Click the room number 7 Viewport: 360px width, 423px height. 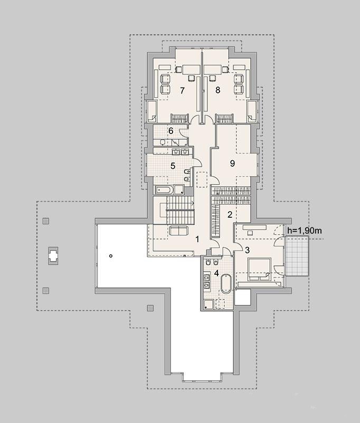pos(182,90)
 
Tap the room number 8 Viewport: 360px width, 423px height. pos(217,90)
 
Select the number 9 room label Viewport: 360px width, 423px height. pos(232,163)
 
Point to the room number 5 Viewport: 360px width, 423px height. pos(173,166)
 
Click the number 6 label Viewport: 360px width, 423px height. pos(170,131)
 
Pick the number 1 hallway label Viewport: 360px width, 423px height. pos(197,239)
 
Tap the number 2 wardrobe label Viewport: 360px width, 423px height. pos(230,215)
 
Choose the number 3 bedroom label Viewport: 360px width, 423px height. pos(247,250)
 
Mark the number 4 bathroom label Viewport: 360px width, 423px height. pos(216,273)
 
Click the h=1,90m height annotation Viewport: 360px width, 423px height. pos(305,230)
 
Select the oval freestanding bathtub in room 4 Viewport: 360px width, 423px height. pos(226,284)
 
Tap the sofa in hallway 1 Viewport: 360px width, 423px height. pos(178,231)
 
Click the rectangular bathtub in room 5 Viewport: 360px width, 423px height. pos(164,190)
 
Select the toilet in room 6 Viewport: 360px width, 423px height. pos(163,142)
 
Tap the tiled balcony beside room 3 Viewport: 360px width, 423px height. pos(297,256)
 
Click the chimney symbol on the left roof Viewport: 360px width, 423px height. pos(53,255)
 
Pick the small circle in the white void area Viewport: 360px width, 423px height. pos(111,256)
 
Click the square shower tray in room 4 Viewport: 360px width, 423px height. pos(209,304)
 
